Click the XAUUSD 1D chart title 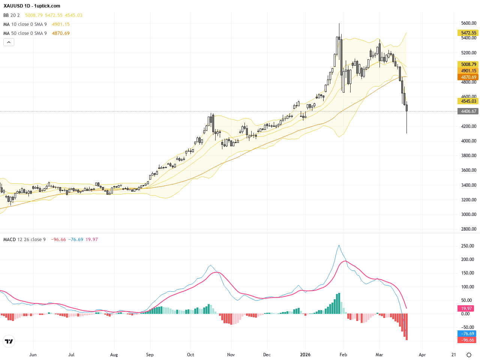32,6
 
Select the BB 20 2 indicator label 12,15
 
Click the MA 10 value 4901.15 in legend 61,24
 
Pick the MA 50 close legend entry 25,33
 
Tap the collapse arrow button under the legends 9,42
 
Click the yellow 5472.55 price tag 468,33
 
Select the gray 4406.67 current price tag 468,111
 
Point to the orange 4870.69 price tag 468,77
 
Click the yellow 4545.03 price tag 468,101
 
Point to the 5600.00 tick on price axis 469,23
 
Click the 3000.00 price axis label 469,214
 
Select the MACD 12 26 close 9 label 25,240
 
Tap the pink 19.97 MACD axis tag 466,309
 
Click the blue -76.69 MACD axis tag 468,334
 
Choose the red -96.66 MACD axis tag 468,340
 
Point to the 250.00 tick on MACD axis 468,246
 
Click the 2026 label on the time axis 305,355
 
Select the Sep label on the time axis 150,355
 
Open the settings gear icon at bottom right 469,355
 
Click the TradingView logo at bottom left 9,341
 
